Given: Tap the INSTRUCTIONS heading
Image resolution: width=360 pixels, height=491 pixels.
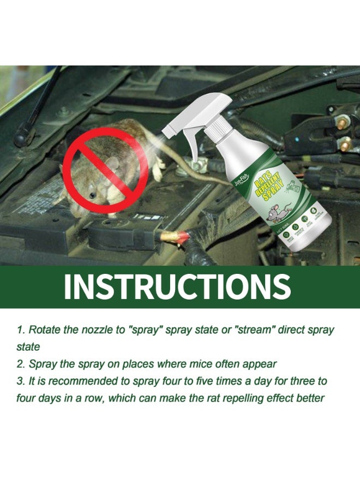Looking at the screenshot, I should pyautogui.click(x=177, y=287).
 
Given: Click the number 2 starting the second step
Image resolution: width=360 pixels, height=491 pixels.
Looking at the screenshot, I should pyautogui.click(x=19, y=364).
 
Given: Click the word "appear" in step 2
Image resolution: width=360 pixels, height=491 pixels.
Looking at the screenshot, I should pyautogui.click(x=257, y=364).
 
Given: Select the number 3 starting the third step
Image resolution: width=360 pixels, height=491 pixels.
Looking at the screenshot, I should pyautogui.click(x=19, y=381).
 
